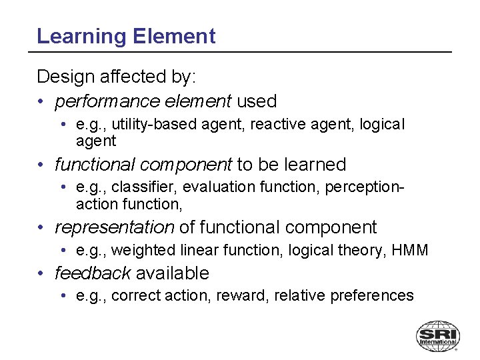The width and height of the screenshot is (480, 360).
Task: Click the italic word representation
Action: click(114, 227)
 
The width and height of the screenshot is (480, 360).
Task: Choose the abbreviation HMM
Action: click(409, 251)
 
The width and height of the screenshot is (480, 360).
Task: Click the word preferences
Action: click(375, 296)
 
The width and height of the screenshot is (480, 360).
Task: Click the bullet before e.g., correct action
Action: click(62, 296)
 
